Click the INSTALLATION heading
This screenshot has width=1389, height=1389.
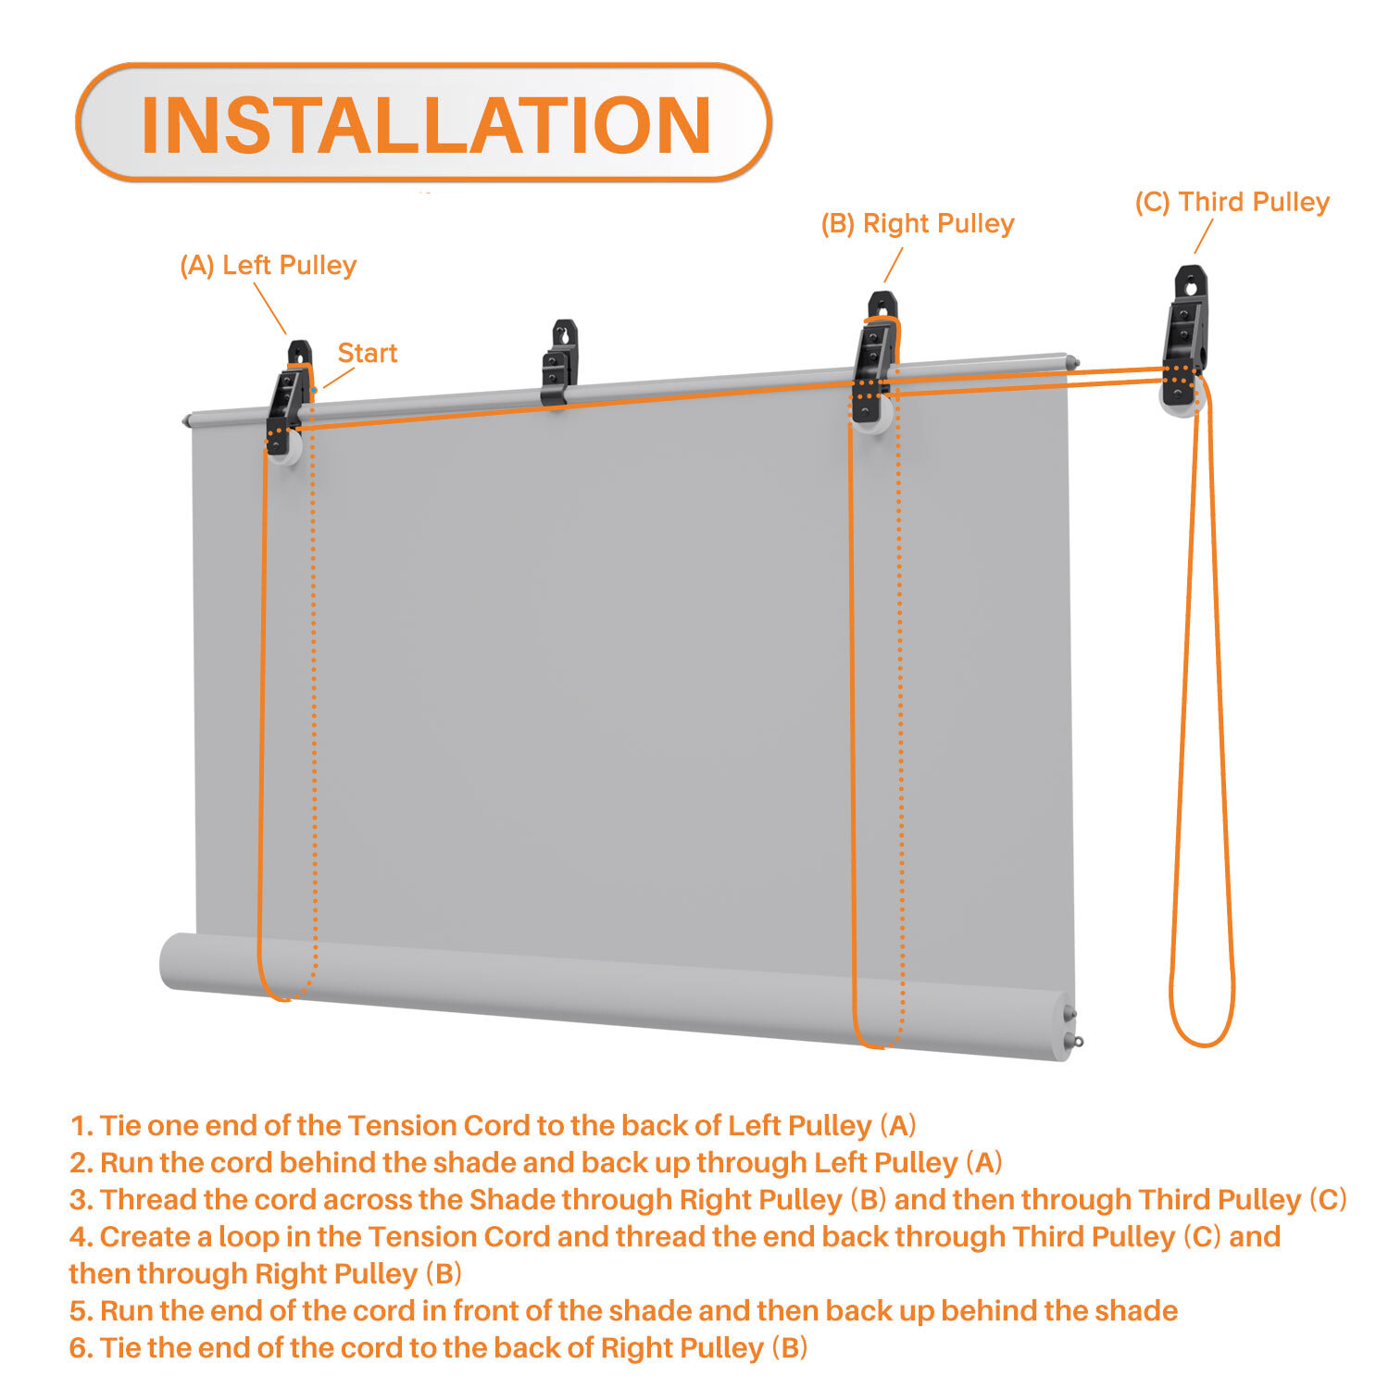point(425,124)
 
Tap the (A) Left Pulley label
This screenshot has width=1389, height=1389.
point(268,266)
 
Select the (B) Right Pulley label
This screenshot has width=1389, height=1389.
point(918,223)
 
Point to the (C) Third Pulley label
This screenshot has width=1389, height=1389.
point(1233,202)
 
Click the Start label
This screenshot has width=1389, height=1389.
point(368,353)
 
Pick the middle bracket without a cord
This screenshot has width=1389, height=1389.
point(560,362)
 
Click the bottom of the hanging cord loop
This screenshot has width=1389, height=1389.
point(1202,1044)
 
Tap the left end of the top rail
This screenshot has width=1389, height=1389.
point(188,421)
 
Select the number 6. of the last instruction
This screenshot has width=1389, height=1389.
point(81,1348)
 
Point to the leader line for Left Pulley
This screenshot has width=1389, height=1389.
point(269,308)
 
